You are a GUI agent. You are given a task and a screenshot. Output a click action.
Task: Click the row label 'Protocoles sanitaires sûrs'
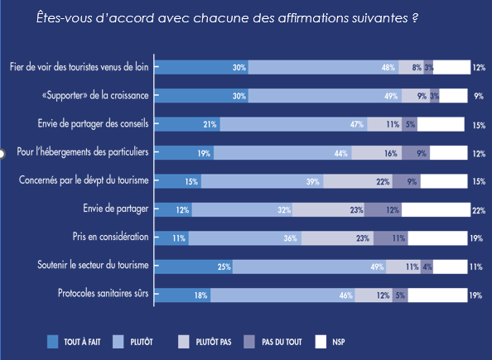(103, 294)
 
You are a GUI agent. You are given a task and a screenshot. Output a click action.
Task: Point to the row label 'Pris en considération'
(110, 238)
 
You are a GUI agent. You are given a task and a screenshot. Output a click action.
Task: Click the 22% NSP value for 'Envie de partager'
(478, 210)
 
